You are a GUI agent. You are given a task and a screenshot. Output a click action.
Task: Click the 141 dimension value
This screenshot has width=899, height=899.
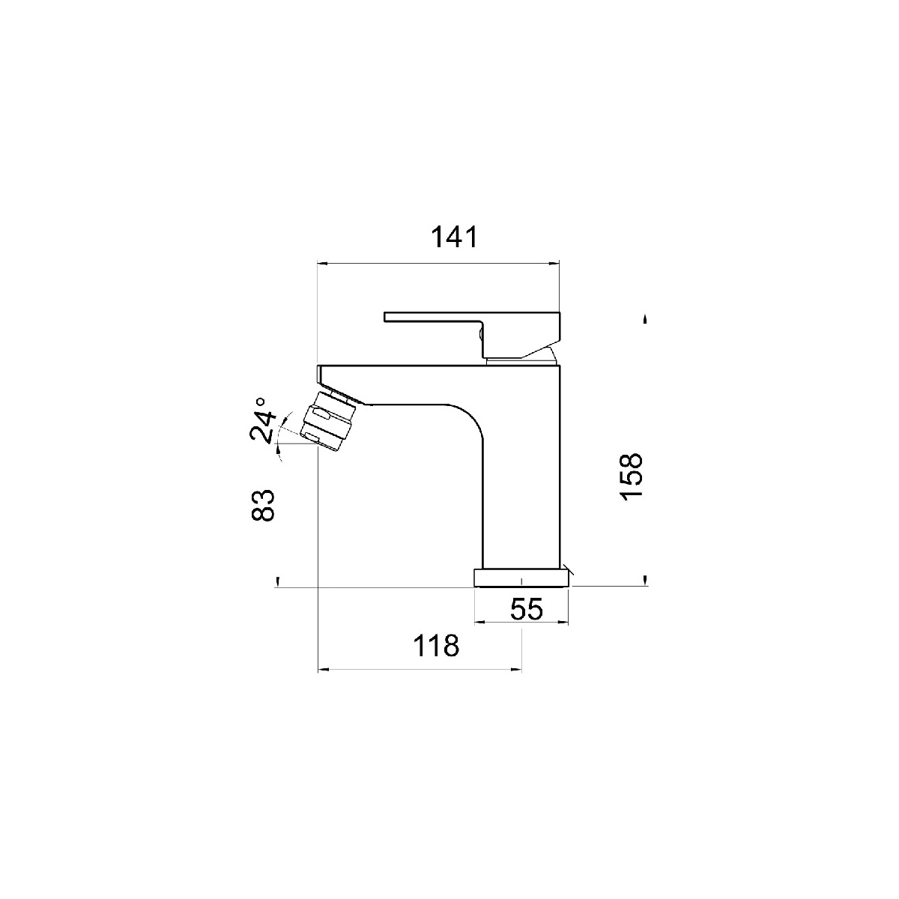(454, 237)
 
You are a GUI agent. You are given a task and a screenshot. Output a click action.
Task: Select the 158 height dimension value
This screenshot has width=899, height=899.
(632, 476)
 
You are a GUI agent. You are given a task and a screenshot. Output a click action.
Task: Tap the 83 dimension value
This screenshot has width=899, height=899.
(262, 505)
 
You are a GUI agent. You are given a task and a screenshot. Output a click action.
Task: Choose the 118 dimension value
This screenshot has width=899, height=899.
(436, 646)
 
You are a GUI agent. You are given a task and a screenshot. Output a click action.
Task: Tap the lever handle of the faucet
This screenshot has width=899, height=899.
(472, 333)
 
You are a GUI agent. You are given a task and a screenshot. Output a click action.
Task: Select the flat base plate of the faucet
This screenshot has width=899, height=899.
(521, 577)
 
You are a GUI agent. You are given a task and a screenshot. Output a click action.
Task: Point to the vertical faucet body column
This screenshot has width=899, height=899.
(521, 485)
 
